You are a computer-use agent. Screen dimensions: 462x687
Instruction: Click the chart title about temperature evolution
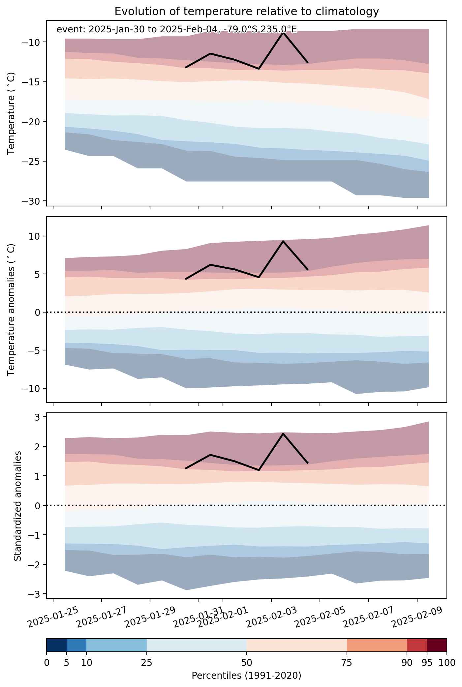(247, 12)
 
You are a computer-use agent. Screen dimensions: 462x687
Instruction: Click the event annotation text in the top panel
(177, 30)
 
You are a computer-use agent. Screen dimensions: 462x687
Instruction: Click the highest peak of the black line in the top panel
(283, 33)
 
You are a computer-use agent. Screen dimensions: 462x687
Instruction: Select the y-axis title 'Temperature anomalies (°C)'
(12, 309)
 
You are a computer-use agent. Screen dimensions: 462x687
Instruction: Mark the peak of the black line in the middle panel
(283, 241)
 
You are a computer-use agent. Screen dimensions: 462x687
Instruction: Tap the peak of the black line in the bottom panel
(283, 433)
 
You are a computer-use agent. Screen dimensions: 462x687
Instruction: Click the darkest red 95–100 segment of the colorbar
(437, 645)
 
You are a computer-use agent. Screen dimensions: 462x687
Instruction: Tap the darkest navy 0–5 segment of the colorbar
(57, 645)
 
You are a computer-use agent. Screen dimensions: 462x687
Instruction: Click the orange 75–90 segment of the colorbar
(377, 645)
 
